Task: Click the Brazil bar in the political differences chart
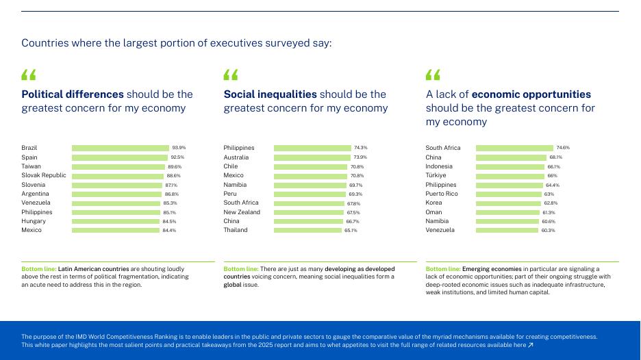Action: [120, 148]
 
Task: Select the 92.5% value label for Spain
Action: [177, 157]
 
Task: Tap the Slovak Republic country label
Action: [44, 175]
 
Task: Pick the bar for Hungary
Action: [116, 221]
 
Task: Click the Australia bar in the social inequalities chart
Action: [312, 157]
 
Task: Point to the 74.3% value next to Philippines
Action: [361, 148]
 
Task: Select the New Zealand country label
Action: [242, 212]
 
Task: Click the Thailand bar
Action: [307, 230]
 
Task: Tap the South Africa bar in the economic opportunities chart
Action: [514, 148]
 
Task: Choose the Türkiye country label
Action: [436, 175]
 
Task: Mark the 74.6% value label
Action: [563, 148]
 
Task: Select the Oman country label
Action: [433, 212]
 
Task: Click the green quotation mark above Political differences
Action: [29, 74]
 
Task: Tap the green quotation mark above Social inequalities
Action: [231, 74]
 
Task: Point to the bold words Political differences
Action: [73, 94]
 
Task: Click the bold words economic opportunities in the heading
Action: [531, 94]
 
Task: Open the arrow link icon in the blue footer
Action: [530, 346]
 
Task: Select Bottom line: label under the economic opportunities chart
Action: [442, 270]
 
